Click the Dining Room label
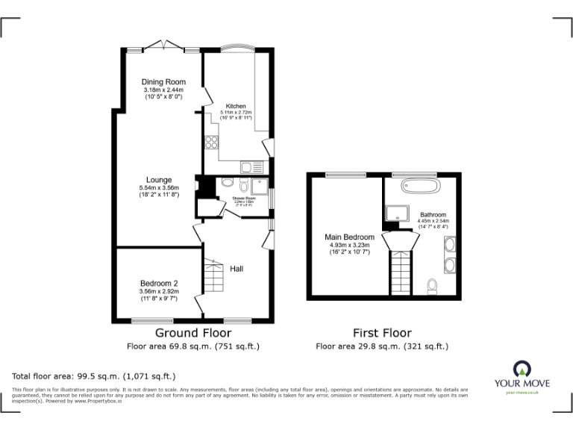(x=163, y=82)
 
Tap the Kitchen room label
(x=237, y=107)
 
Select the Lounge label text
(x=159, y=180)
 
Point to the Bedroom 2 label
(x=158, y=283)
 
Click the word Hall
(x=237, y=269)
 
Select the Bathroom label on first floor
(x=433, y=214)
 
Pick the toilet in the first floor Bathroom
(x=433, y=287)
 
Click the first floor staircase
(x=401, y=269)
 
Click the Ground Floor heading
(x=192, y=333)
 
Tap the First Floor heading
(x=381, y=333)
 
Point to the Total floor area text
(x=93, y=376)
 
